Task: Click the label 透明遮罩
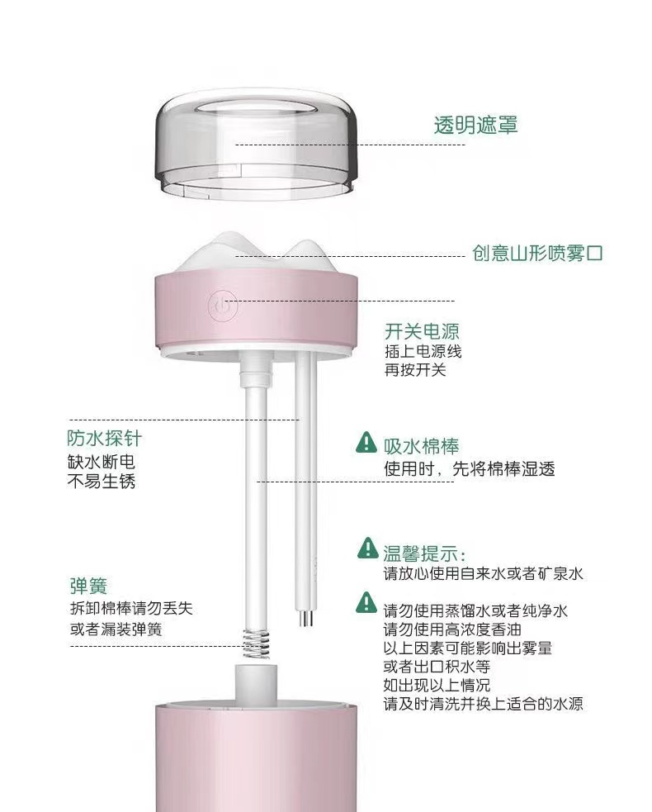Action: (476, 126)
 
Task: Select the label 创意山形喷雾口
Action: (537, 253)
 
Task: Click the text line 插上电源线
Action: (423, 351)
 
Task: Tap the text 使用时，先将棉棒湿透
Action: (469, 469)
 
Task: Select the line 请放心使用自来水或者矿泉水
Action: (483, 573)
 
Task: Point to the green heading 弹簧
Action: (87, 586)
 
